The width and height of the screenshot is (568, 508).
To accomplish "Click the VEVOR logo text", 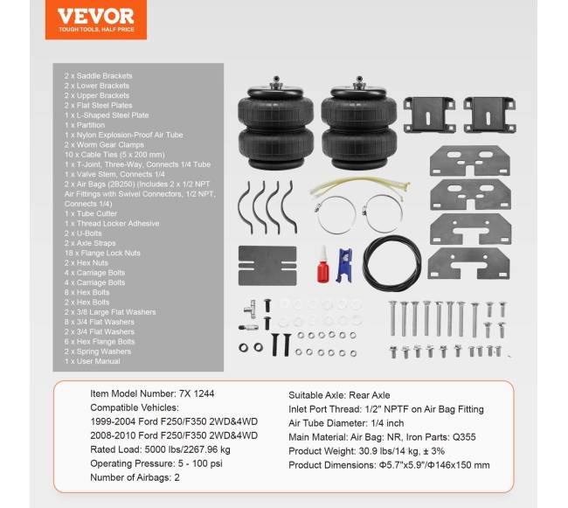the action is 96,17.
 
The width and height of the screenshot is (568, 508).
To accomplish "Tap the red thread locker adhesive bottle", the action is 322,265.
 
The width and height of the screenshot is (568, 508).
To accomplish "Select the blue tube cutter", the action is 344,265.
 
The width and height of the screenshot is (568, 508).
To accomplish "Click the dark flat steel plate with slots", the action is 267,266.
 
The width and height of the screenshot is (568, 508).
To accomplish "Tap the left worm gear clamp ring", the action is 336,215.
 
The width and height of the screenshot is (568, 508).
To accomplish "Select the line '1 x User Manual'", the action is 93,361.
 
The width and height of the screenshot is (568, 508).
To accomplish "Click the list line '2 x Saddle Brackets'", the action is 98,76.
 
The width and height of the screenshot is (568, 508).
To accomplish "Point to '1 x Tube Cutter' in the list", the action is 91,213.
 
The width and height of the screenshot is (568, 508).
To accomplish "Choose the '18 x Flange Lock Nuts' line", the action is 102,253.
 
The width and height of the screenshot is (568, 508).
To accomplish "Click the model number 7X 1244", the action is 197,393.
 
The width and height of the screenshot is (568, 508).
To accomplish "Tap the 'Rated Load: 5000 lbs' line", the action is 161,449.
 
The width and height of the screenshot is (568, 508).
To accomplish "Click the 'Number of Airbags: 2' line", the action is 135,477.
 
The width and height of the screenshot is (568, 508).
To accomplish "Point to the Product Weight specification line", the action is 367,451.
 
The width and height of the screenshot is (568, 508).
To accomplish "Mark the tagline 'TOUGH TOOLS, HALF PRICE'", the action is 96,30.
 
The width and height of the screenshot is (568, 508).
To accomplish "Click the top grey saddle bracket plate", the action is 470,161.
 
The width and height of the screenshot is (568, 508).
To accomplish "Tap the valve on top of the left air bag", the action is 276,82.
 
